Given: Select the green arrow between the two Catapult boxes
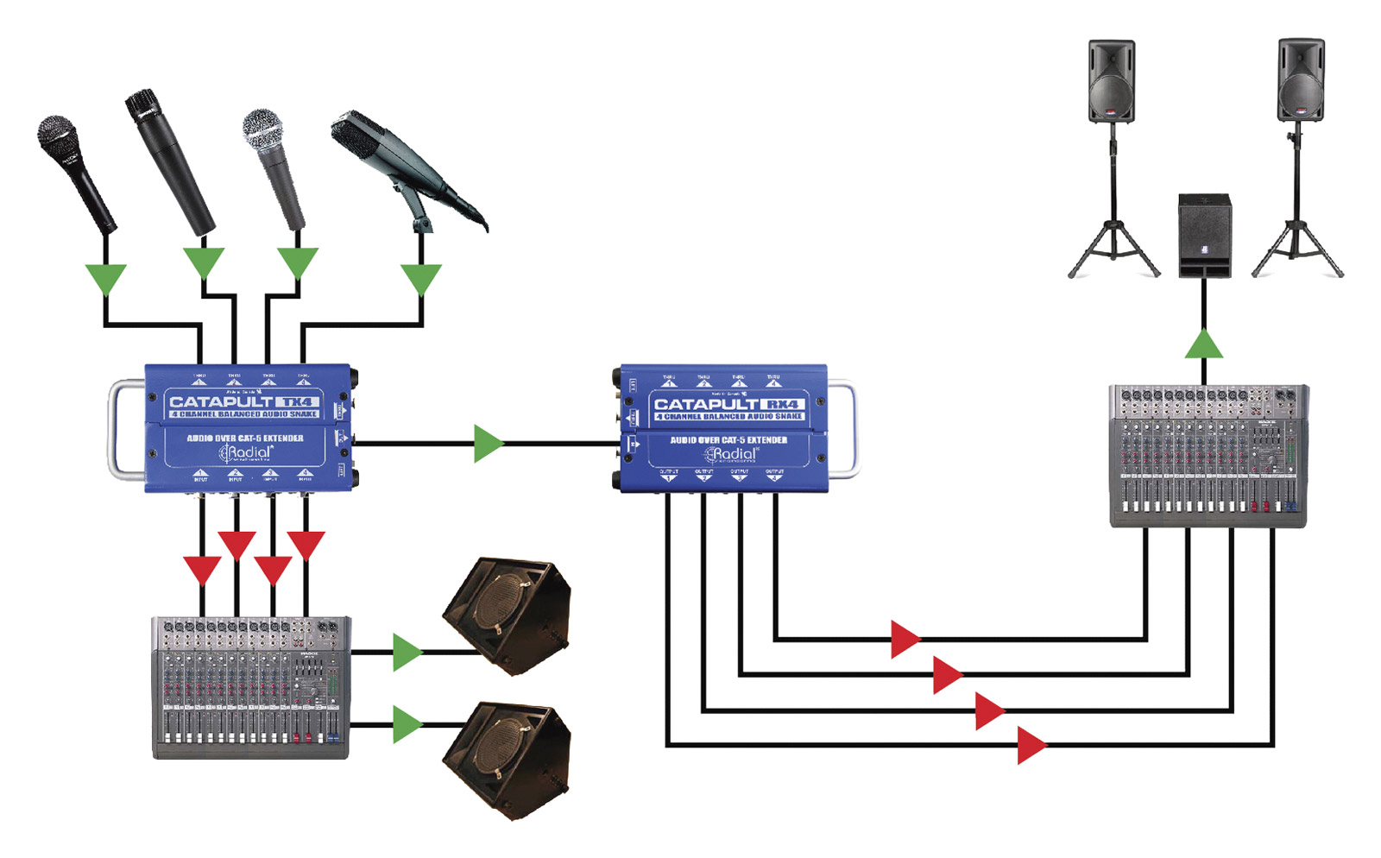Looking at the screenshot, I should pos(488,444).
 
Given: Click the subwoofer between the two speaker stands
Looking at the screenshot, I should pos(1204,235).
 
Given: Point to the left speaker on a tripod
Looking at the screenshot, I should pos(1111,82).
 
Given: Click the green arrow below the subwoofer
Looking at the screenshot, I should pos(1204,344).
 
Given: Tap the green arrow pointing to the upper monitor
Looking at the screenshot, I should pos(406,653).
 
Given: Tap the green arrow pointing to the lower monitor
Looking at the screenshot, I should pos(406,724).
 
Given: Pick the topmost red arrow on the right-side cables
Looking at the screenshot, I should pos(904,640).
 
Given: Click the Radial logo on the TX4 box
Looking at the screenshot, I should pos(248,453).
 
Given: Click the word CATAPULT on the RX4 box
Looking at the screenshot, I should pos(705,404).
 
